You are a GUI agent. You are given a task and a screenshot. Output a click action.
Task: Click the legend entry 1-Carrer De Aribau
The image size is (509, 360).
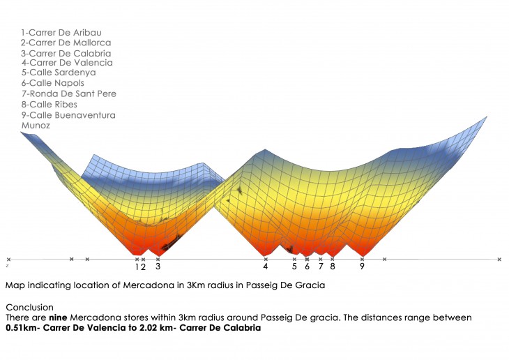61,32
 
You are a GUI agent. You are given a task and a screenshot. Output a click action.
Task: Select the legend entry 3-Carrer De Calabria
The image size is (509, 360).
66,53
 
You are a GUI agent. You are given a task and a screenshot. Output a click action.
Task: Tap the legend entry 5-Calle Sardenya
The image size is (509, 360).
59,73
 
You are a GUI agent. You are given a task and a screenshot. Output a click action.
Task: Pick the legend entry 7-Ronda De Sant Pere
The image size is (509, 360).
69,93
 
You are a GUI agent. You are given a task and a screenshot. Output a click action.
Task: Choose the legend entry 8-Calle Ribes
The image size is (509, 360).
50,104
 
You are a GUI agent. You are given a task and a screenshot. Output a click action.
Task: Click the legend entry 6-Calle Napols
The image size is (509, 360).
53,83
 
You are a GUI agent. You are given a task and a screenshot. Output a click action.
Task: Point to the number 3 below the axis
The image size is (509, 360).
158,267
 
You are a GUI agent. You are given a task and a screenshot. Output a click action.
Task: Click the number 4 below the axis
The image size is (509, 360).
266,267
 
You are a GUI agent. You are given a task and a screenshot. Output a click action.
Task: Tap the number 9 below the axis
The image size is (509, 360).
362,267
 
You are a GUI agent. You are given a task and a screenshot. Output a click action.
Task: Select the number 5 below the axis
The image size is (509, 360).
294,267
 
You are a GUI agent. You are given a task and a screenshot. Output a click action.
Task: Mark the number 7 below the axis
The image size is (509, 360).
321,267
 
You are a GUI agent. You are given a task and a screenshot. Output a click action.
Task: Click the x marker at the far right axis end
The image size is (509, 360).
499,260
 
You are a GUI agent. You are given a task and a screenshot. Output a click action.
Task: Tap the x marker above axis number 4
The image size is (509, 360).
266,259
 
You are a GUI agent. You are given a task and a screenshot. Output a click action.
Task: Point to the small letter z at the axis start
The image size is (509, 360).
7,266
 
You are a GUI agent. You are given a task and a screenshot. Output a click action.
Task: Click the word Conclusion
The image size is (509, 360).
29,307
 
